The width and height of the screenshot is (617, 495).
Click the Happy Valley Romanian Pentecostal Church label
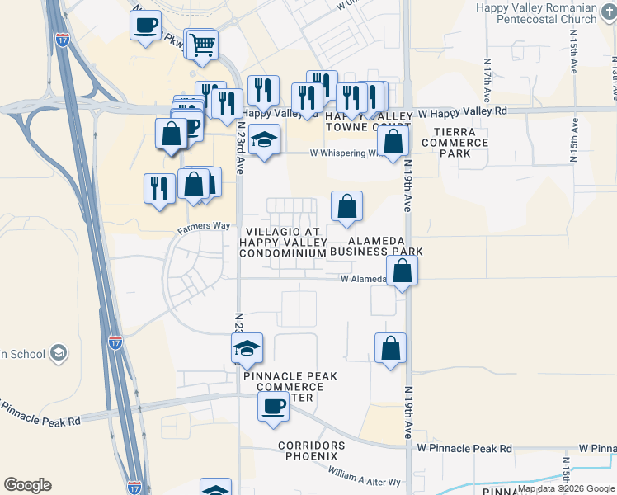click(x=536, y=12)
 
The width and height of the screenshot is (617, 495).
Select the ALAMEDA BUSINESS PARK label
click(x=379, y=246)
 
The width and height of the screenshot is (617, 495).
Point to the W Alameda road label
click(x=364, y=279)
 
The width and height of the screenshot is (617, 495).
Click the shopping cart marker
click(x=202, y=45)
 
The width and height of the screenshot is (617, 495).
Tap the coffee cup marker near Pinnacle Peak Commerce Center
click(x=273, y=406)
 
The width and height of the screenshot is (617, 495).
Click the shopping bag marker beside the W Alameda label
click(x=402, y=271)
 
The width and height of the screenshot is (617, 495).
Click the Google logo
click(x=27, y=485)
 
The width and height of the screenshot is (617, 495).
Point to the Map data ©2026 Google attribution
click(x=566, y=488)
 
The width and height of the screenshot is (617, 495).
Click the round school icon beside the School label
click(x=59, y=354)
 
